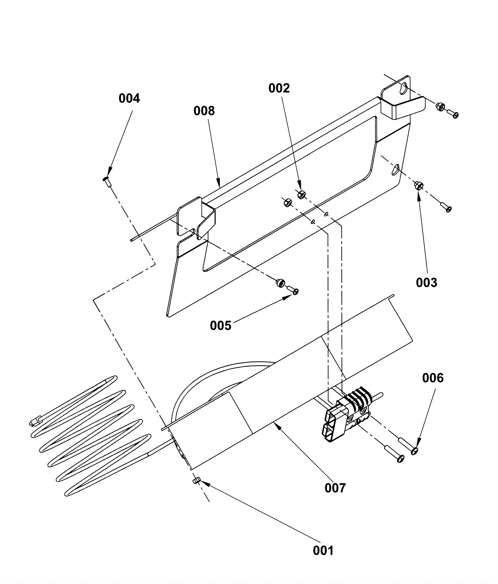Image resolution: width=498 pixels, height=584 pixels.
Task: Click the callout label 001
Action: point(323,550)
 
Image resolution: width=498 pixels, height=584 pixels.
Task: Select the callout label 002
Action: point(279,88)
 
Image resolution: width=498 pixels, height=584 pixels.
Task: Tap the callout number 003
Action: point(426,283)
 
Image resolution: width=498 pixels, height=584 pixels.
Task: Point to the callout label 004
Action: point(129,98)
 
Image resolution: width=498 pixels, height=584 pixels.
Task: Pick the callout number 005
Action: point(221,326)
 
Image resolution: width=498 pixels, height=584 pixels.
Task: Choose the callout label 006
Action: point(433,378)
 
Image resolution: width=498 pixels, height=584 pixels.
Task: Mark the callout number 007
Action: point(335,488)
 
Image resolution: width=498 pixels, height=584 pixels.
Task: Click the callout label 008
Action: point(204,111)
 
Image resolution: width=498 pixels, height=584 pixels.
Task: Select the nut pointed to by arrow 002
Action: point(301,195)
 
